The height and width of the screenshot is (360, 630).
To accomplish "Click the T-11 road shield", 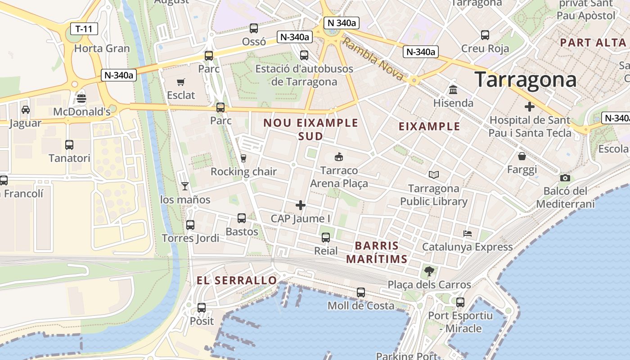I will click(x=84, y=29).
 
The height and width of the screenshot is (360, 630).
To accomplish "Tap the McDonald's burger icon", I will click(x=81, y=98).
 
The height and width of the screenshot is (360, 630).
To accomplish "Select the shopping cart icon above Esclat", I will click(x=181, y=82).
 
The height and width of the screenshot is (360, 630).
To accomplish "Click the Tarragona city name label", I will click(x=525, y=80).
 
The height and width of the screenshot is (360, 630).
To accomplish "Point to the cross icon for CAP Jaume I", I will click(x=301, y=206).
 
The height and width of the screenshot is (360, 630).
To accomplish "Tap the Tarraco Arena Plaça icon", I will click(x=339, y=157).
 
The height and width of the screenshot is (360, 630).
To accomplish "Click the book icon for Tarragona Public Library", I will click(x=434, y=175).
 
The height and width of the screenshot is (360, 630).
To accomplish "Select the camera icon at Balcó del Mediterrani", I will click(x=565, y=178).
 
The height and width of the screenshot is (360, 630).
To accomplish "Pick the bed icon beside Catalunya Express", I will click(x=468, y=234).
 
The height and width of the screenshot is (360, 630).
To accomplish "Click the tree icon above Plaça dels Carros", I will click(x=429, y=271).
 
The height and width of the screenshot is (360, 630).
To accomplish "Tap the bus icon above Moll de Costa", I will click(x=361, y=292).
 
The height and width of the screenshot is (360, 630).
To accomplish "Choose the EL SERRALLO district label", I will click(x=237, y=280).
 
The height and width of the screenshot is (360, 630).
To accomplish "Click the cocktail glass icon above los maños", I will click(x=184, y=186).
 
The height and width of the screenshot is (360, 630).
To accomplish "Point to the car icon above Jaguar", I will click(x=26, y=109).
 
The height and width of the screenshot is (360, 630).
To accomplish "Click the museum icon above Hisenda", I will click(x=453, y=90).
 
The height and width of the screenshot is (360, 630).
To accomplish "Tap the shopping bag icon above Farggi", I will click(x=522, y=156).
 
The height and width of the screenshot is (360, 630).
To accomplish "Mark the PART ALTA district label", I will click(x=593, y=43).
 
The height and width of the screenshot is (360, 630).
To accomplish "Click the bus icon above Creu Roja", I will click(x=485, y=35).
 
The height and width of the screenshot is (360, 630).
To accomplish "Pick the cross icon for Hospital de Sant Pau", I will click(x=530, y=107).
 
